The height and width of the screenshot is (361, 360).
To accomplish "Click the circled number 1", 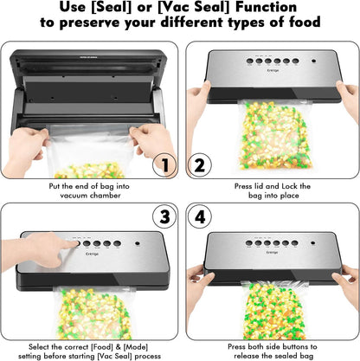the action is click(164, 165).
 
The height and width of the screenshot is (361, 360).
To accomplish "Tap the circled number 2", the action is click(200, 165).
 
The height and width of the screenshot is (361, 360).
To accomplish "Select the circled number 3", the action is click(164, 216).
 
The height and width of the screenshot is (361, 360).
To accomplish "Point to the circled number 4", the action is click(200, 216).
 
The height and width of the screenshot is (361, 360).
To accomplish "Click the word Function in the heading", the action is click(266, 7).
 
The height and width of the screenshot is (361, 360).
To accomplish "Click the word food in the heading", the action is click(305, 22).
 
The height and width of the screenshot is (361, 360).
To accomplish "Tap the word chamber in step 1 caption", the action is click(105, 196).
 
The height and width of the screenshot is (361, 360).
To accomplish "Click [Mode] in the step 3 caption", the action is click(136, 346).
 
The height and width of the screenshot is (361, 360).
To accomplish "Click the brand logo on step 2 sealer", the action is click(273, 70).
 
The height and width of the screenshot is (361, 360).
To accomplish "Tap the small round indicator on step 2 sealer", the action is click(313, 61).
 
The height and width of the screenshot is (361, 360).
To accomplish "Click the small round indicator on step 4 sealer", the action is click(313, 243).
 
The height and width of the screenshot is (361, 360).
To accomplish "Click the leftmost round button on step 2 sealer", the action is click(250, 61).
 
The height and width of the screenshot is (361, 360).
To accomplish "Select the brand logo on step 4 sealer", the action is click(272, 253).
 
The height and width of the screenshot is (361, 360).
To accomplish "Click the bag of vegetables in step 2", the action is click(274, 135).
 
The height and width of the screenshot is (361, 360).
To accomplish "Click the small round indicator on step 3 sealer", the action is click(138, 243).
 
